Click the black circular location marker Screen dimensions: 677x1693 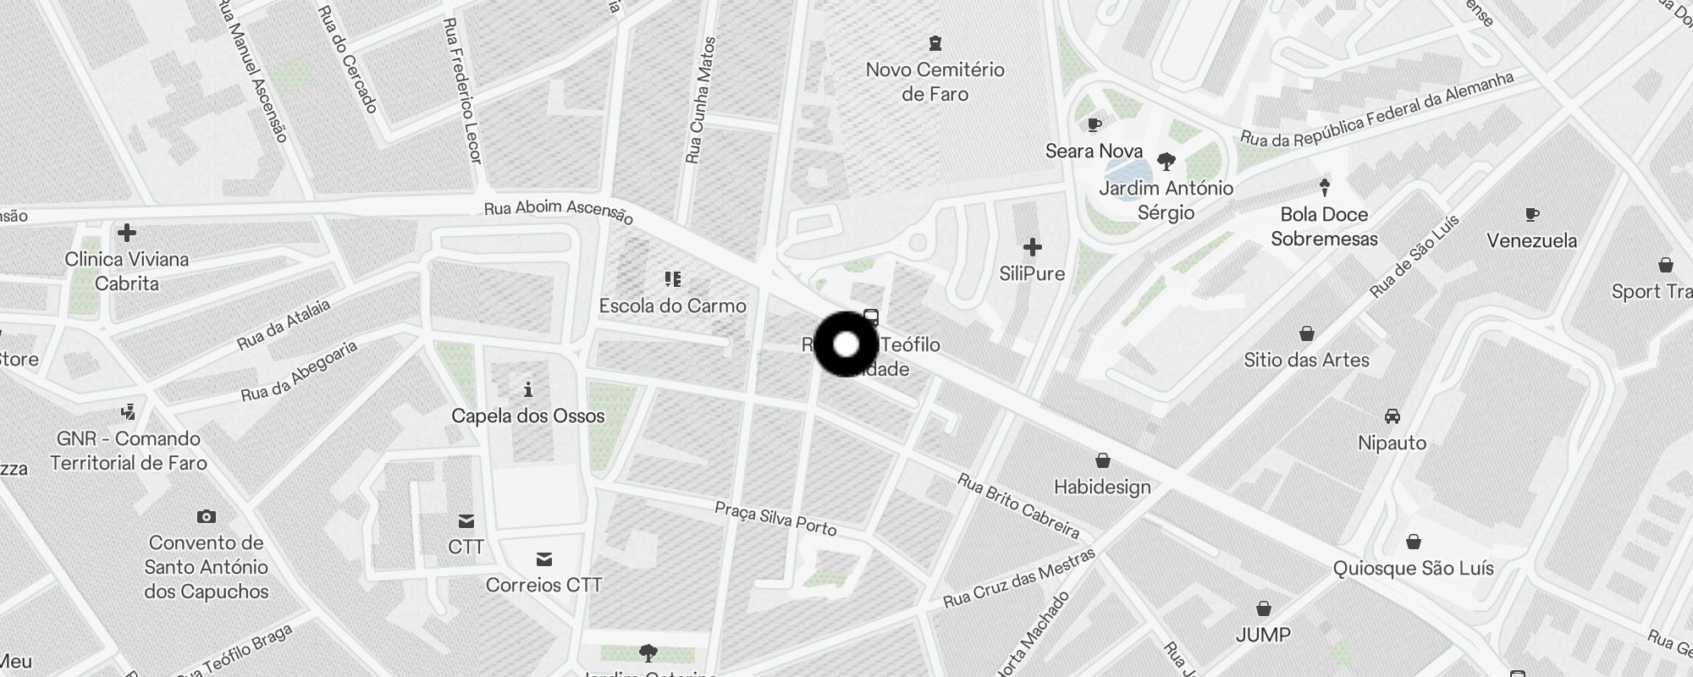click(846, 344)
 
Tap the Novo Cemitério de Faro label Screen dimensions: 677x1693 click(935, 81)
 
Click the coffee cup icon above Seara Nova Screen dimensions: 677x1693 click(1095, 125)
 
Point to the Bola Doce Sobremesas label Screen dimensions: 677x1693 click(1324, 227)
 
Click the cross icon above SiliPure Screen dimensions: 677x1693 click(1032, 247)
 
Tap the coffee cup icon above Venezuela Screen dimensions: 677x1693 click(1531, 215)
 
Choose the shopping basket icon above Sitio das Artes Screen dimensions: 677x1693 click(1307, 333)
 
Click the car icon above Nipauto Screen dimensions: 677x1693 click(1392, 416)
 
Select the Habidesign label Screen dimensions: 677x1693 click(1102, 487)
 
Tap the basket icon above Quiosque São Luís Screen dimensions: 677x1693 click(1413, 542)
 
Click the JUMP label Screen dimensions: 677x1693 click(1263, 635)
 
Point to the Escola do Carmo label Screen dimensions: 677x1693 click(672, 305)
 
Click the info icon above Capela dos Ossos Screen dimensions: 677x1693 click(528, 389)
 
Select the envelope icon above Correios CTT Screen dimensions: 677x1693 click(544, 559)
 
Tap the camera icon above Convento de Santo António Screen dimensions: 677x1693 click(206, 516)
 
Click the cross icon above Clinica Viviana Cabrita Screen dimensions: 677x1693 click(127, 233)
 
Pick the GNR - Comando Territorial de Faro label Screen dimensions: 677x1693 click(129, 450)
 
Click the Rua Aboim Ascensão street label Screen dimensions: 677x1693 click(559, 212)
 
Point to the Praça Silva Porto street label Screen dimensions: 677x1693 click(775, 518)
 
